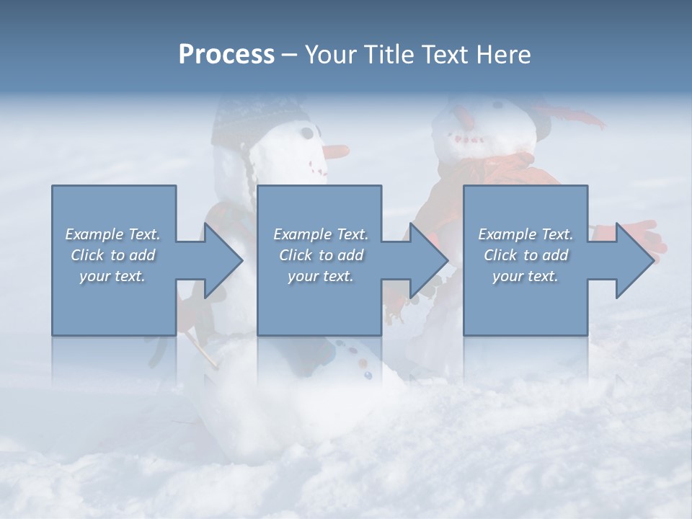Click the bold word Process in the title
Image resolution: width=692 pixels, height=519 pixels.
pyautogui.click(x=226, y=55)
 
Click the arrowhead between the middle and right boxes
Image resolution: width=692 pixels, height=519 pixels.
pyautogui.click(x=421, y=260)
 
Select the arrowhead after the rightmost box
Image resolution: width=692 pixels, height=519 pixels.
pyautogui.click(x=626, y=260)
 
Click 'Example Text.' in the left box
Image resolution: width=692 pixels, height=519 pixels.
pyautogui.click(x=112, y=234)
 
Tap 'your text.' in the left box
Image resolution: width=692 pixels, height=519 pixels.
pyautogui.click(x=112, y=276)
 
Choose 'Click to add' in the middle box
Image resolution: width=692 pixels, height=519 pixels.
pyautogui.click(x=321, y=255)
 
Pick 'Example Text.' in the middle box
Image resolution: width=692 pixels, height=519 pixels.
pyautogui.click(x=321, y=234)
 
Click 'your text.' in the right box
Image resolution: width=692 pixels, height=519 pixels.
pyautogui.click(x=525, y=276)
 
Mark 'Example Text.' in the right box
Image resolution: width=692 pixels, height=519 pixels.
pyautogui.click(x=525, y=234)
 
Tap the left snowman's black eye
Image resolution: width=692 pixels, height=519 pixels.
pyautogui.click(x=308, y=133)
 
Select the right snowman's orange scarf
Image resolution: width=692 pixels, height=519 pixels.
pyautogui.click(x=505, y=173)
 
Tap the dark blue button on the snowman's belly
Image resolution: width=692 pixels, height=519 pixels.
pyautogui.click(x=368, y=376)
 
